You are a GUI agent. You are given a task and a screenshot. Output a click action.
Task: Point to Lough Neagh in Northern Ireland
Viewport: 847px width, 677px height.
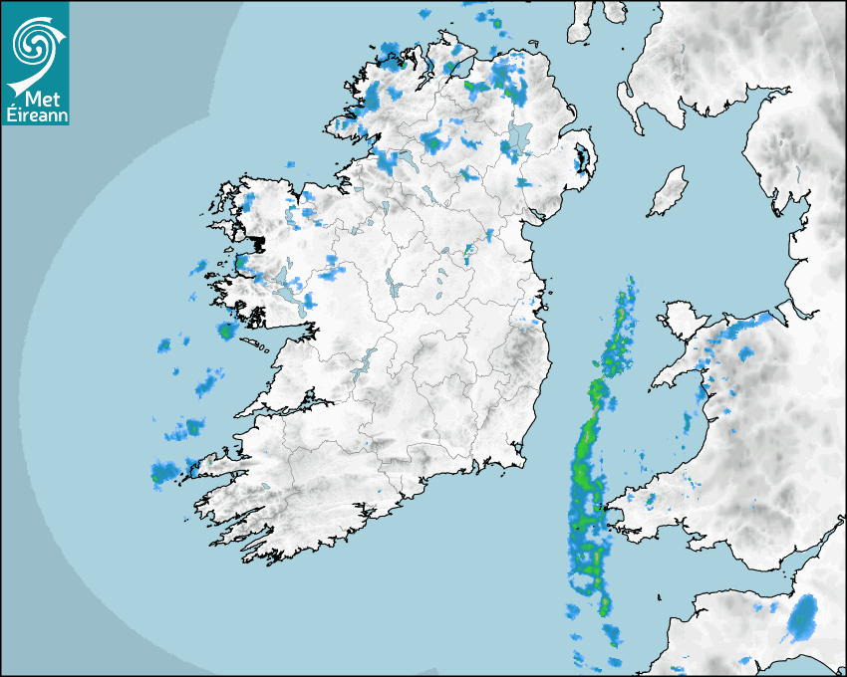pyautogui.click(x=519, y=138)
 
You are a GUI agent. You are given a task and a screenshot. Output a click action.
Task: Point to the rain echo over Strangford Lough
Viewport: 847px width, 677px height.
pyautogui.click(x=579, y=157)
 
